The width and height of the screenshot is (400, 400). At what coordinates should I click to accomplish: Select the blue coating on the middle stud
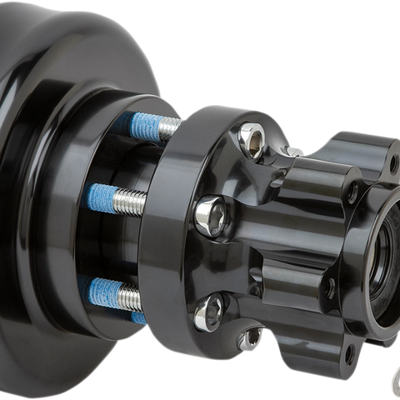107,197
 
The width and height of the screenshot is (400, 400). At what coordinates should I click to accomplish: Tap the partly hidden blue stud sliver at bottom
137,318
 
